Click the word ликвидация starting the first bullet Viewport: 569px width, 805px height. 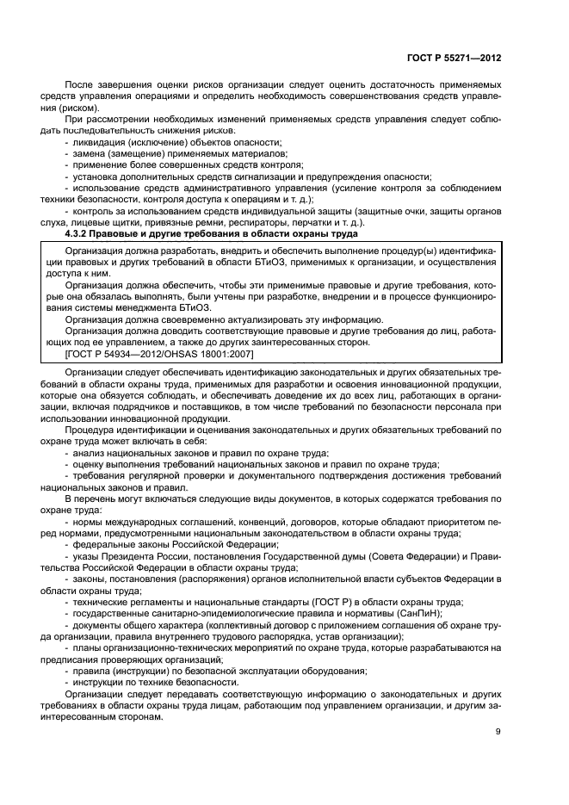(x=99, y=141)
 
